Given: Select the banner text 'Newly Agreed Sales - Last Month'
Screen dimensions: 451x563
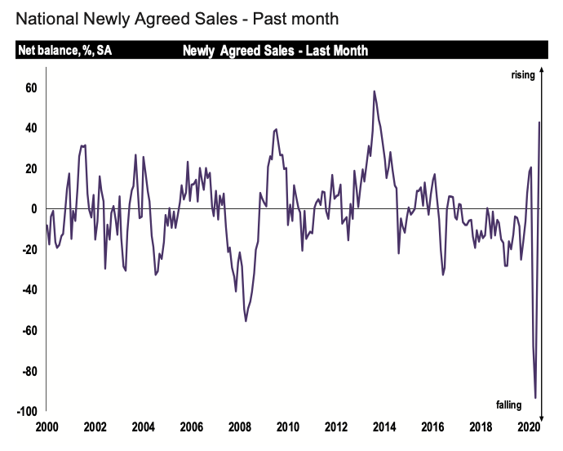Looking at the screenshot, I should point(276,51).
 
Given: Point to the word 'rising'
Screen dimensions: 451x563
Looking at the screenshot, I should point(523,75).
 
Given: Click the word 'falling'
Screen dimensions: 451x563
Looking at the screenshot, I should point(514,404).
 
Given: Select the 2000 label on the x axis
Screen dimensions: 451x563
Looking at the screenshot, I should point(47,427).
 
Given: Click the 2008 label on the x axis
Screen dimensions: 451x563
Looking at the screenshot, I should point(240,427).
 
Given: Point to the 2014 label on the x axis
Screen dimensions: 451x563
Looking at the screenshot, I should point(384,427).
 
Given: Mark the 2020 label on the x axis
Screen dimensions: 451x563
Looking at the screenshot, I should point(528,427).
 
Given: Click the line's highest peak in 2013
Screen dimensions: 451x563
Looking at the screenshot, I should point(374,92).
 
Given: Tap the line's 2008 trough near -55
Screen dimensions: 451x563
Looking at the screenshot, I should point(246,320).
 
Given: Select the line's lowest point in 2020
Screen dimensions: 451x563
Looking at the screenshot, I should point(536,398).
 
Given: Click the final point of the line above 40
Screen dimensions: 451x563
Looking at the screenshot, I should point(540,123).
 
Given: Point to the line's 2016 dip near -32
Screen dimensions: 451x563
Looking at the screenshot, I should point(443,275).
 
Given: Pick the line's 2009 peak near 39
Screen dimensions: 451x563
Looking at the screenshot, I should point(276,129).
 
